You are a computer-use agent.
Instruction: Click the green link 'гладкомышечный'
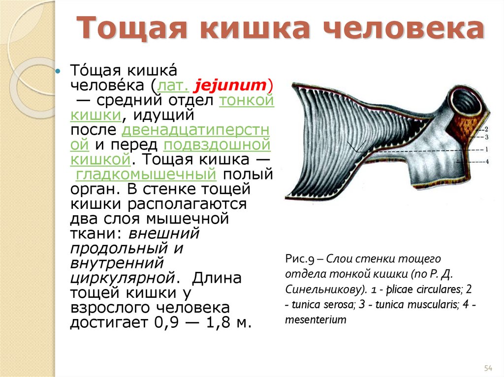click(146, 174)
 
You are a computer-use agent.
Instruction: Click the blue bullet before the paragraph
click(58, 72)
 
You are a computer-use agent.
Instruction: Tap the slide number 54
click(488, 368)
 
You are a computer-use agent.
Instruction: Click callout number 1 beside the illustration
click(486, 149)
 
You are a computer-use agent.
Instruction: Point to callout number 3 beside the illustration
click(486, 137)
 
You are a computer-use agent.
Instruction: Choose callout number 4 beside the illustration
click(486, 161)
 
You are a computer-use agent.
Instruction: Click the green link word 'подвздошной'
click(217, 145)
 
